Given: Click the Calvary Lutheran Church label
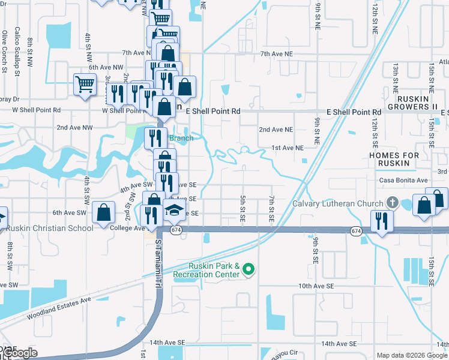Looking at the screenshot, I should click(x=337, y=203).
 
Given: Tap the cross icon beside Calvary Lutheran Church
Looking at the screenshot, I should click(x=393, y=202).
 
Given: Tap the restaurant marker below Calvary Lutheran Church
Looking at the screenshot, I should click(x=382, y=221).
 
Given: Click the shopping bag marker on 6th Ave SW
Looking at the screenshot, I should click(x=104, y=211).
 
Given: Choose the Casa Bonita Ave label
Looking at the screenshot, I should click(x=403, y=180).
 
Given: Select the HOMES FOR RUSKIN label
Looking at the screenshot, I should click(x=394, y=160).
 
